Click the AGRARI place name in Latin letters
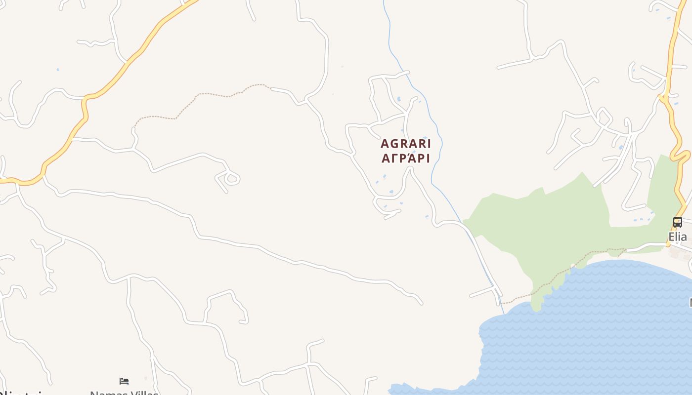click(406, 144)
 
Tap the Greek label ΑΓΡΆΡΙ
click(406, 158)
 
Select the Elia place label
click(678, 237)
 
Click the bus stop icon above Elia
click(678, 222)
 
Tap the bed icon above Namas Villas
click(124, 381)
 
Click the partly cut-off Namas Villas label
click(124, 393)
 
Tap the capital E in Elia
click(672, 237)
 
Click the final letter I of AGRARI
click(429, 144)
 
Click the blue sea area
click(593, 336)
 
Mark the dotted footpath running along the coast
click(549, 284)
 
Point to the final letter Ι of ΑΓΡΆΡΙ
click(428, 158)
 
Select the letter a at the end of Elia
click(684, 237)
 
